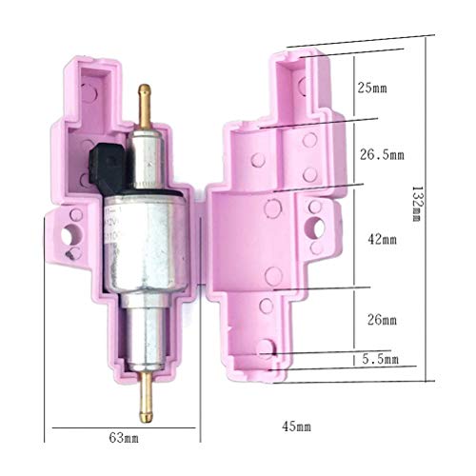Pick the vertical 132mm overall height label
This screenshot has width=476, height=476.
click(x=442, y=203)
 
